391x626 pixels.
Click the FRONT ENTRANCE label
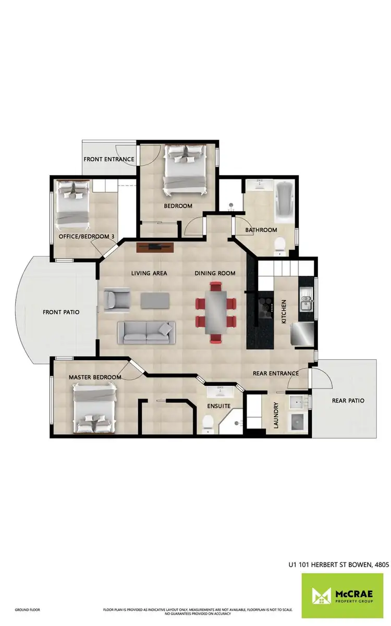(109, 159)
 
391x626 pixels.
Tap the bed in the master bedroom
(94, 407)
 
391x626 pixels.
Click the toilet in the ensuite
(207, 424)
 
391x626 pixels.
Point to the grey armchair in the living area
(116, 301)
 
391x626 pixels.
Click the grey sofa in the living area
(145, 332)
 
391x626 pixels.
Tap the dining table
(215, 312)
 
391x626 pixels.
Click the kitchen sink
(305, 303)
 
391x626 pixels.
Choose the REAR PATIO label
(348, 401)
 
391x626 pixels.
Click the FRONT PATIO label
(61, 312)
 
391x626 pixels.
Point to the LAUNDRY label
(276, 415)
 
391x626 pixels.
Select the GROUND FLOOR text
(28, 610)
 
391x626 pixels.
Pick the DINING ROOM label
(215, 273)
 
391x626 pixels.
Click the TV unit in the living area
(155, 247)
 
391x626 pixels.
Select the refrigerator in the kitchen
(303, 334)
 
